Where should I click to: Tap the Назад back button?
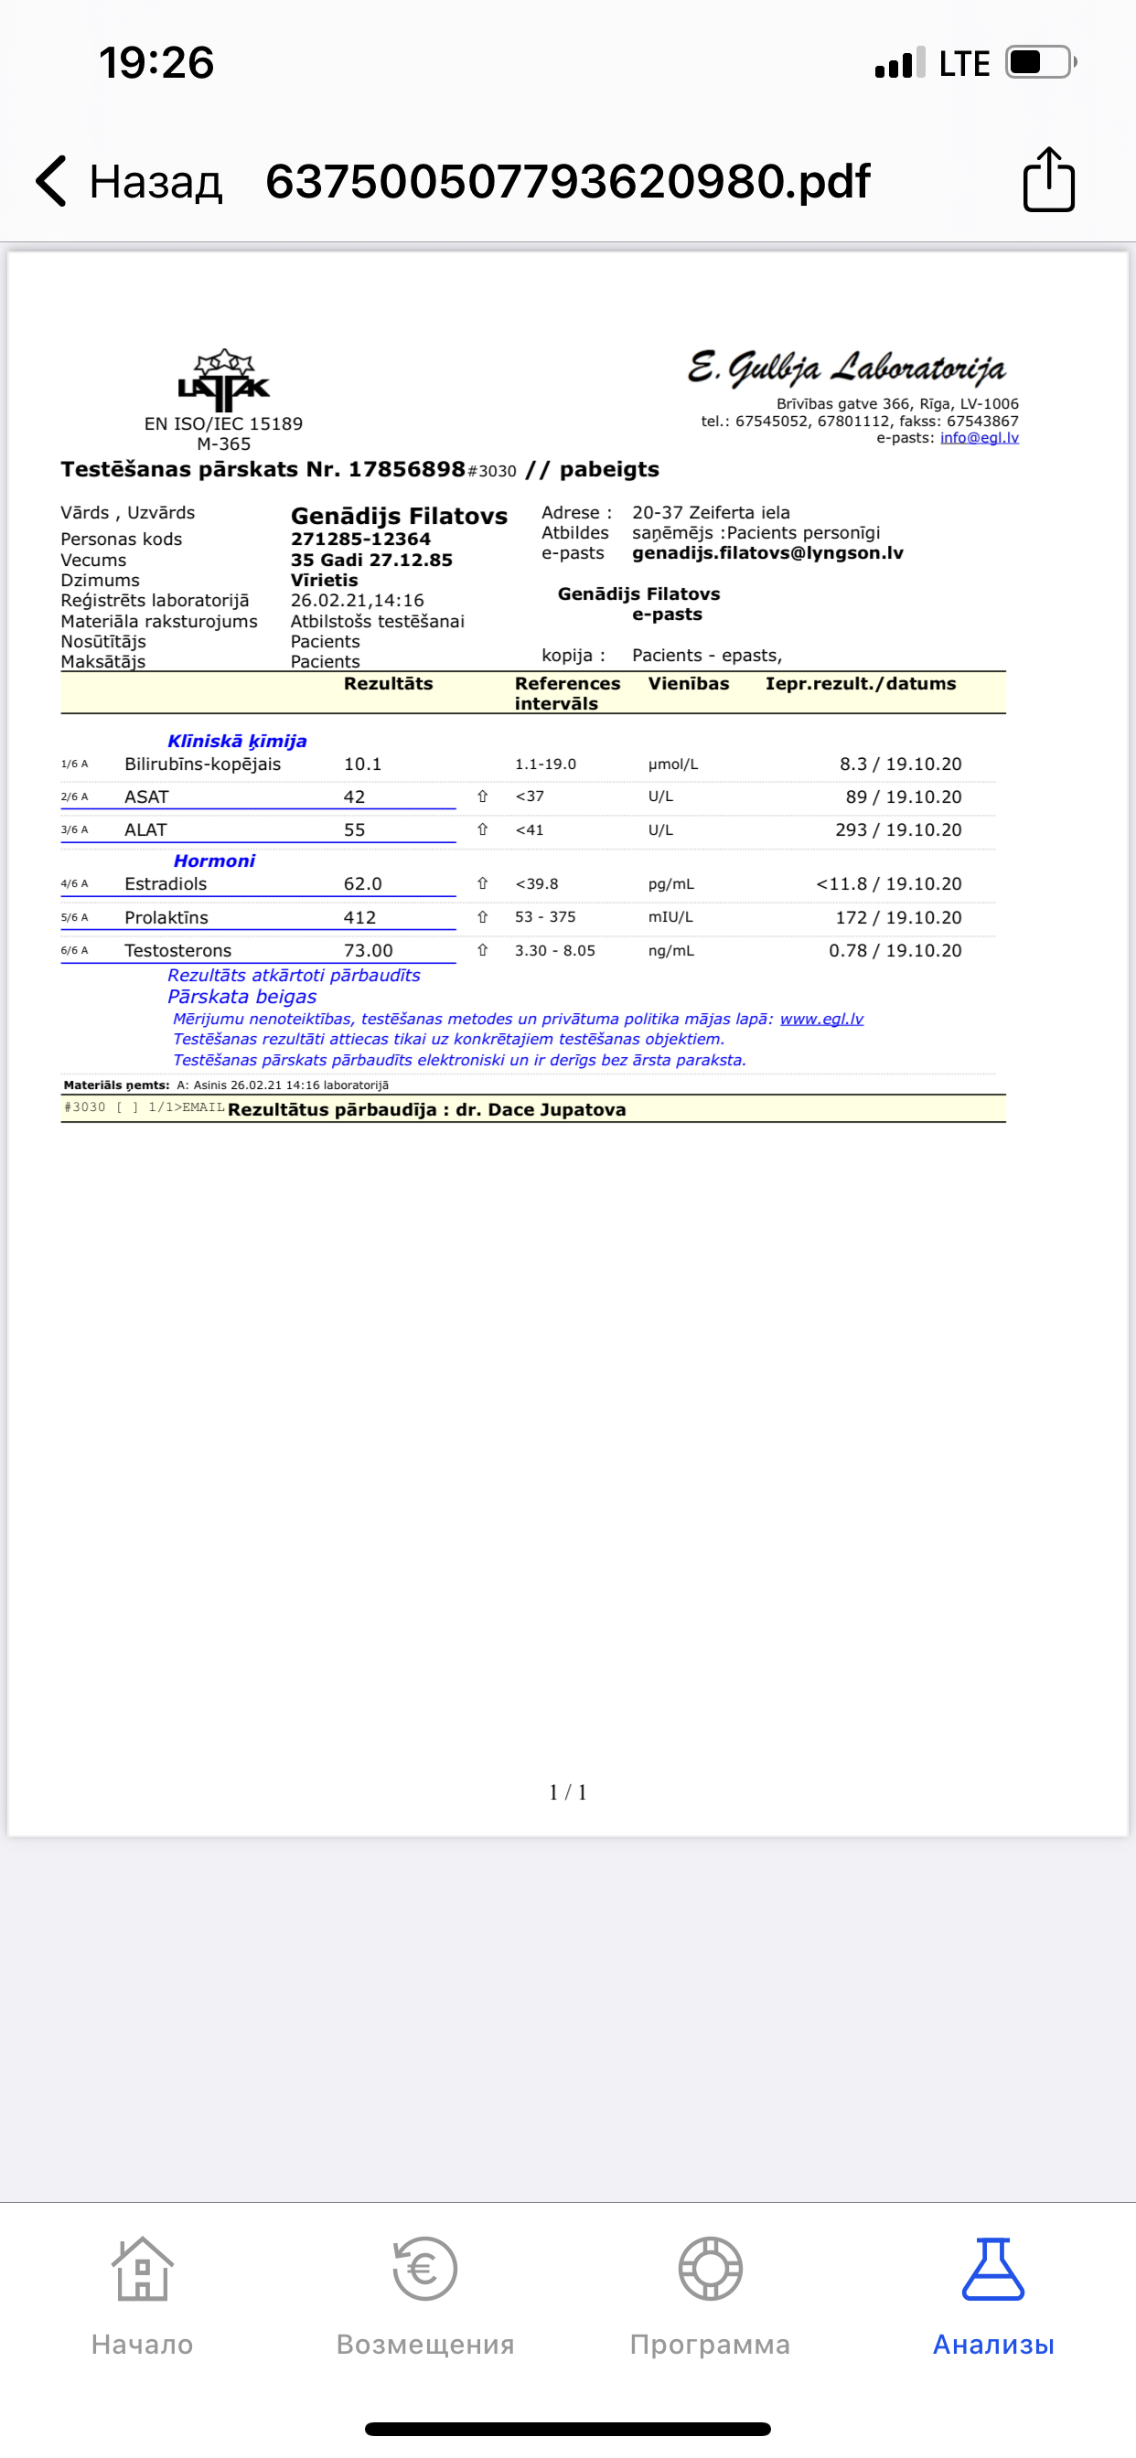point(129,181)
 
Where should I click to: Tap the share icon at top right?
point(1048,179)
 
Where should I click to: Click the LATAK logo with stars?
point(223,376)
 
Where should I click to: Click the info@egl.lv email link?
point(979,438)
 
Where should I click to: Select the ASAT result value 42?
point(354,796)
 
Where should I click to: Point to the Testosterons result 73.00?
point(369,950)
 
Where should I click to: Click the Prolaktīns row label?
point(166,917)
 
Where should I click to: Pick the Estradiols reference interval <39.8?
point(537,883)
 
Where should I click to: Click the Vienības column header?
point(689,683)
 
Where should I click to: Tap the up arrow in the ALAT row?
point(482,829)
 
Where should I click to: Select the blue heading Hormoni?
point(214,860)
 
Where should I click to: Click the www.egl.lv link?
point(821,1018)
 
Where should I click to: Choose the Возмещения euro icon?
point(424,2269)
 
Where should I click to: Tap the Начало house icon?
point(143,2269)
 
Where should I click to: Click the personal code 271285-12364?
point(361,540)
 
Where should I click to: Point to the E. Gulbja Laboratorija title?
point(846,368)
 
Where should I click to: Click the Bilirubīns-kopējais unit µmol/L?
point(673,764)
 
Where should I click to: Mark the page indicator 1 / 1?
point(568,1792)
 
